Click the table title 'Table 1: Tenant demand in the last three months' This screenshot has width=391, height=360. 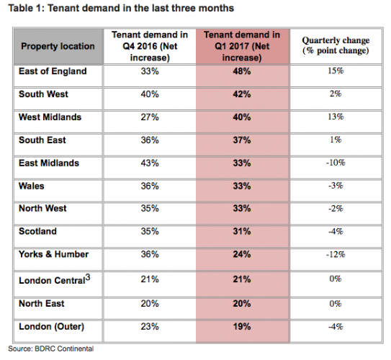(121, 8)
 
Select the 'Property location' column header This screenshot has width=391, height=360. (58, 46)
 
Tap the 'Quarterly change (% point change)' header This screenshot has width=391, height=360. (336, 45)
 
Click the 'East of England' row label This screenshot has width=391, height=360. (53, 71)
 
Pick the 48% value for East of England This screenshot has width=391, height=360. (242, 71)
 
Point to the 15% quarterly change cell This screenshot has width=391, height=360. (336, 71)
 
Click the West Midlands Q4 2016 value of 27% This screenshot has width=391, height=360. (150, 117)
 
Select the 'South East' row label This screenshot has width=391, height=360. (42, 140)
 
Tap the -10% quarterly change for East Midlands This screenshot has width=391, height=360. (336, 163)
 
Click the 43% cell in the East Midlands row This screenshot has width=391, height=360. (150, 163)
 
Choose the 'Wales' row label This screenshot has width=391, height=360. (32, 186)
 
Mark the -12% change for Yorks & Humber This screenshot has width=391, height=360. (336, 255)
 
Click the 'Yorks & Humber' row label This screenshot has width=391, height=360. (53, 254)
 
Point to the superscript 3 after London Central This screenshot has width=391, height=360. (88, 277)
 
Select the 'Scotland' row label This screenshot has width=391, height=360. (37, 231)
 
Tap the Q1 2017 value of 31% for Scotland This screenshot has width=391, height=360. (242, 231)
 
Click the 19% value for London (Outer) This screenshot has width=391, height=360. (242, 327)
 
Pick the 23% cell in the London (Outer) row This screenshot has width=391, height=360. (150, 327)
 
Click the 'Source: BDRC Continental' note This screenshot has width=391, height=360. (51, 348)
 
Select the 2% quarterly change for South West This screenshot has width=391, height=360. (336, 94)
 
